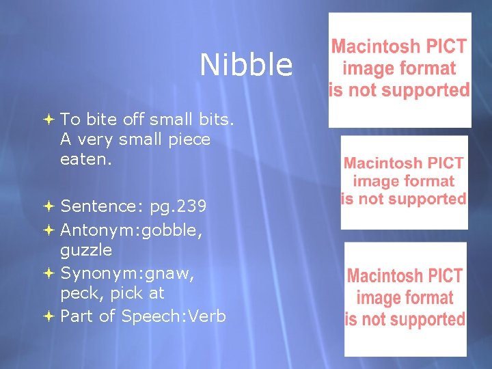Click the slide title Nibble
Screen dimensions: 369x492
pyautogui.click(x=246, y=66)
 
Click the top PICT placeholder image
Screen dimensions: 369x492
pyautogui.click(x=399, y=70)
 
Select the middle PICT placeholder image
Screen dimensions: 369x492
pyautogui.click(x=404, y=182)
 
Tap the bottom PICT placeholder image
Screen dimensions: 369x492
pyautogui.click(x=405, y=299)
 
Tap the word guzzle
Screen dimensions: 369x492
pyautogui.click(x=86, y=250)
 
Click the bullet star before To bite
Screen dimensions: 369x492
pyautogui.click(x=50, y=120)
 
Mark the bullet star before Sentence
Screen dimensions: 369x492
pyautogui.click(x=50, y=206)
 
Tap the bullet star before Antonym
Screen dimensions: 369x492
pyautogui.click(x=50, y=228)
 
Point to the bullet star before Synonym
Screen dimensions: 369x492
pyautogui.click(x=50, y=273)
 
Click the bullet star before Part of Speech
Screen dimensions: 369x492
pyautogui.click(x=50, y=316)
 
